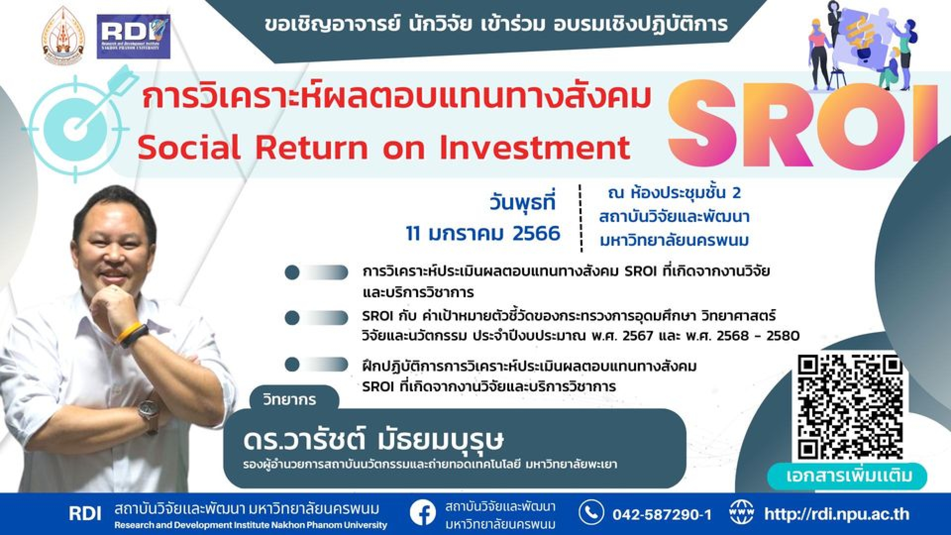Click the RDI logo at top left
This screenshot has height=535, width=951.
coord(133,37)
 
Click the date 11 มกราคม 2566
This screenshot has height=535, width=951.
coord(483,233)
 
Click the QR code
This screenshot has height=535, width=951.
coord(849,407)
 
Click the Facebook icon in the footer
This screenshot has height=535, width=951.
coord(423,515)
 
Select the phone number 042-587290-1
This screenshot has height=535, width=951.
coord(662,515)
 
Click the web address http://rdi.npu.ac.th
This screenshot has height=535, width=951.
coord(837,514)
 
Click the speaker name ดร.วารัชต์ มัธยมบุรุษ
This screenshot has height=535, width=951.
coord(373,440)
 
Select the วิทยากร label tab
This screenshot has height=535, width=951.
coord(289,399)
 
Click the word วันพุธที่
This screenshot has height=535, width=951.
coord(523,202)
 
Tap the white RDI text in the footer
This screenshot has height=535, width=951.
coord(85,514)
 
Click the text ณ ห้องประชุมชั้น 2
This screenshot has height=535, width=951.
coord(674,193)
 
